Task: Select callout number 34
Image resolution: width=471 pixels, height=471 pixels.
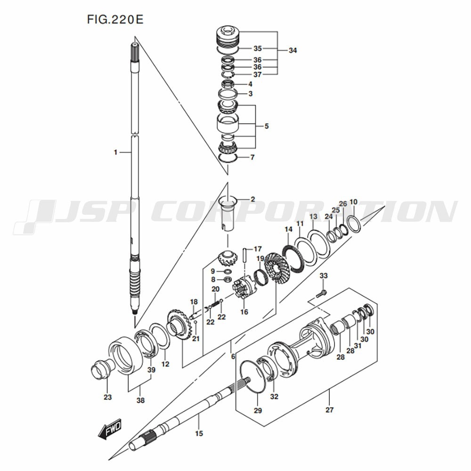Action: click(x=292, y=50)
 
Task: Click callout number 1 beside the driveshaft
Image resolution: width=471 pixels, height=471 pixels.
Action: click(x=114, y=152)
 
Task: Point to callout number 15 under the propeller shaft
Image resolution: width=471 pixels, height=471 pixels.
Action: click(x=199, y=433)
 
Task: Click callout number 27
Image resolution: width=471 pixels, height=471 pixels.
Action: click(x=329, y=410)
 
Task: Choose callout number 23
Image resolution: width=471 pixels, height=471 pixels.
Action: click(x=108, y=398)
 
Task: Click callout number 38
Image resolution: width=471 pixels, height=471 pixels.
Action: click(x=140, y=401)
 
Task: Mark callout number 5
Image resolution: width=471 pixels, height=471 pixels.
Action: click(x=266, y=126)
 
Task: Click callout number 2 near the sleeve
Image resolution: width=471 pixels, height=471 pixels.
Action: click(x=252, y=199)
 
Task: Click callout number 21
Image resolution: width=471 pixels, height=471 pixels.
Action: click(x=196, y=339)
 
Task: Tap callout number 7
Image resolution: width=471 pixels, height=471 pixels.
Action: click(x=252, y=157)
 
